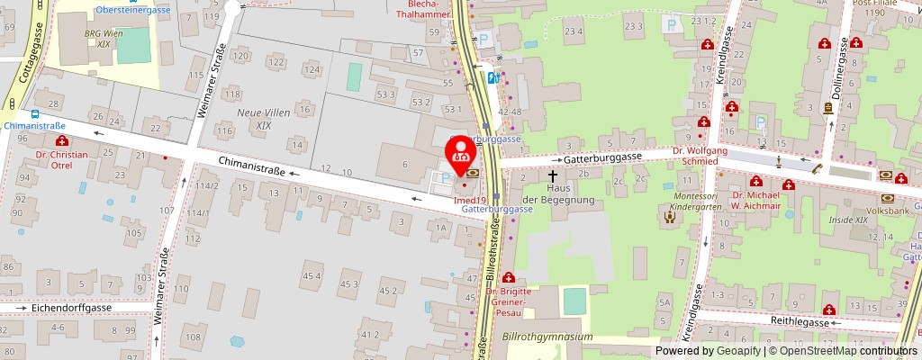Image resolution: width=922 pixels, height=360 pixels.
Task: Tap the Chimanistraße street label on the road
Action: click(x=251, y=166)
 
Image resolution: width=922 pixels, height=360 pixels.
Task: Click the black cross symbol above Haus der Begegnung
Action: click(x=552, y=176)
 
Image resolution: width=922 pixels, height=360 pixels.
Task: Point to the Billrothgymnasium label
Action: click(x=547, y=337)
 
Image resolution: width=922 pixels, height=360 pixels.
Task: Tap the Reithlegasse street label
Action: click(x=798, y=321)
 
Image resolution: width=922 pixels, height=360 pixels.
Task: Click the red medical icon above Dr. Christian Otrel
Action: click(x=62, y=141)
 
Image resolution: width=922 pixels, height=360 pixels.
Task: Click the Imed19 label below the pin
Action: click(x=470, y=200)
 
